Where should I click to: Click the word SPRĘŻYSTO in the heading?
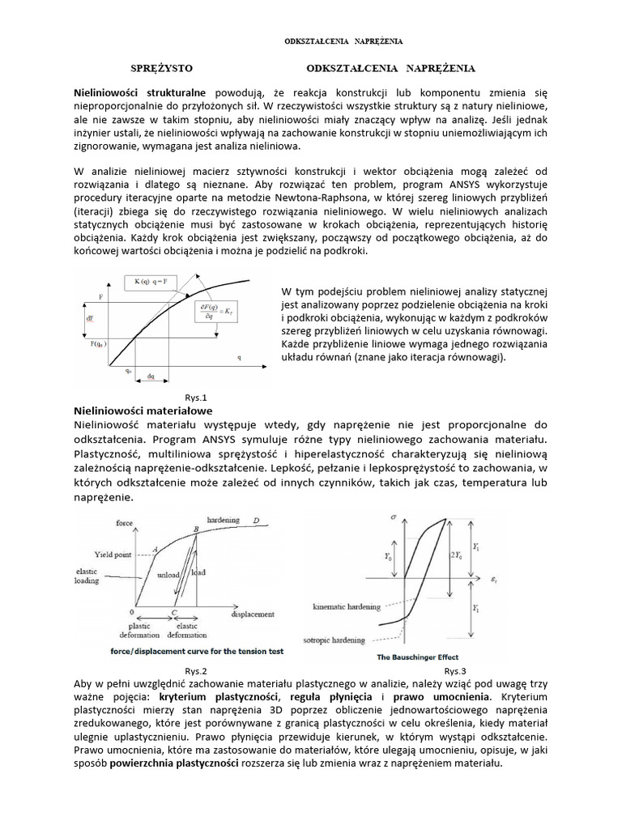(162, 69)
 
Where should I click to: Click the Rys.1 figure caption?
(197, 397)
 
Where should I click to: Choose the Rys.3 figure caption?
(455, 671)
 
